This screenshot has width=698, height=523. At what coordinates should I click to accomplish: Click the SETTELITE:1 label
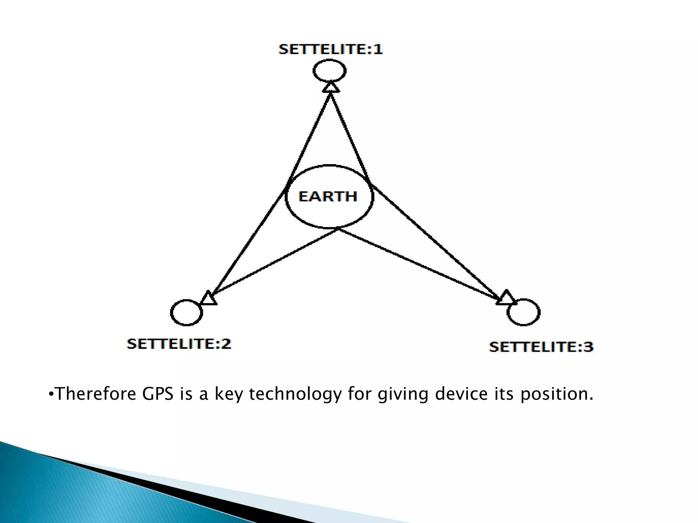tap(331, 50)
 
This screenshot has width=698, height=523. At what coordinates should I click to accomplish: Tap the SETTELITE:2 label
tap(179, 344)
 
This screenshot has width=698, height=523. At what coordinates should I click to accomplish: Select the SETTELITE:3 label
tap(541, 347)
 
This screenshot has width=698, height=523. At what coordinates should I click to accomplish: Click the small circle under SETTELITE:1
tap(330, 71)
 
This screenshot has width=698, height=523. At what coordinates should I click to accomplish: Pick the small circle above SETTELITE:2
tap(186, 312)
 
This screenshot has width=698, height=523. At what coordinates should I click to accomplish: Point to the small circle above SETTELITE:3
tap(523, 312)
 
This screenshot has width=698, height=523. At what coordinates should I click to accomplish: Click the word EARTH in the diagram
tap(328, 196)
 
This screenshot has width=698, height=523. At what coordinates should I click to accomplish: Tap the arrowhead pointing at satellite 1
tap(331, 87)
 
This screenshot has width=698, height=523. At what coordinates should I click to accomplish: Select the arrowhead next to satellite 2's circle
tap(208, 299)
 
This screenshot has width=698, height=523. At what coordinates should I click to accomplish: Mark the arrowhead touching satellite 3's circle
tap(506, 298)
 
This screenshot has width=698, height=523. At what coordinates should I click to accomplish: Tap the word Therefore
tap(95, 394)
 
